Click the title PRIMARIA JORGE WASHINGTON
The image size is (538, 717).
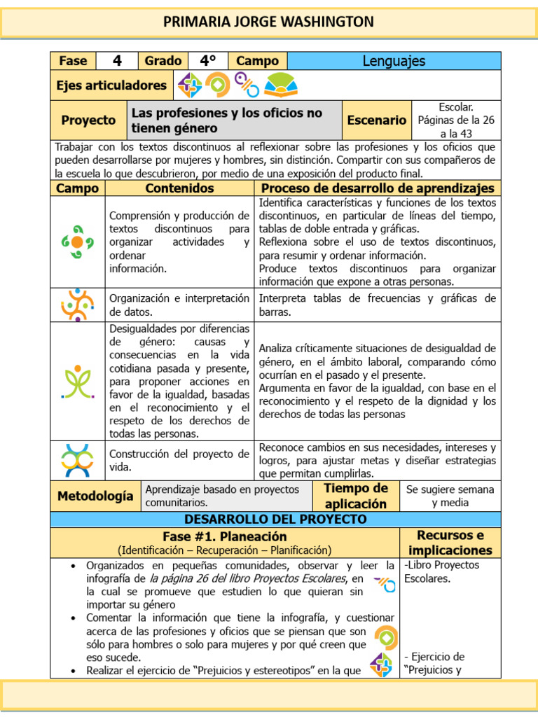pos(268,22)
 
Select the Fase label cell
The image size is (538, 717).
pos(73,61)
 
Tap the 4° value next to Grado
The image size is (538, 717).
pos(208,61)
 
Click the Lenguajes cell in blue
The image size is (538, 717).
pos(394,61)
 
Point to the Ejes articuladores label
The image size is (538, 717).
pos(111,85)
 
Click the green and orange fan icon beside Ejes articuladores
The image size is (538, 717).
pos(281,85)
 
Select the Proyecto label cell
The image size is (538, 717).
pos(88,120)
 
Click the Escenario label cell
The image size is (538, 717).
pos(376,120)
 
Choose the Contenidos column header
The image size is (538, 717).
pos(179,188)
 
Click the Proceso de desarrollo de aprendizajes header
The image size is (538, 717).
pos(378,188)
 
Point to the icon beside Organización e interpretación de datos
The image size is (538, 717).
pos(77,305)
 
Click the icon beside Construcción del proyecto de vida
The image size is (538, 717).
pos(77,460)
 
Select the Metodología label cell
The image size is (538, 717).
pos(95,496)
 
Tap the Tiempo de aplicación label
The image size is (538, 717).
pos(355,496)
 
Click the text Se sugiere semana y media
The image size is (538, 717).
pos(450,496)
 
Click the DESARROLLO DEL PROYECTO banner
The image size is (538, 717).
pos(275,519)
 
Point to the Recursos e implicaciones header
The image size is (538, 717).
pos(450,543)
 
